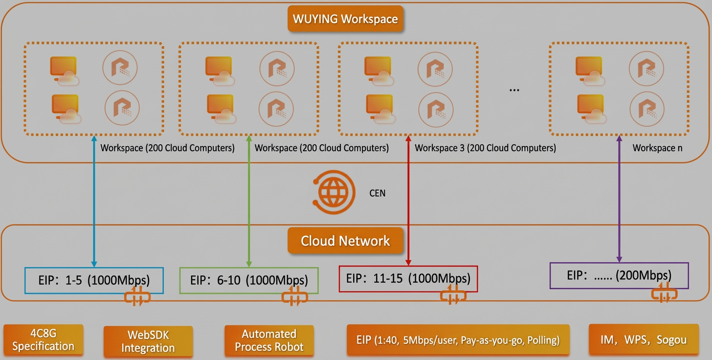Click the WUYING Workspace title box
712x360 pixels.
pos(345,19)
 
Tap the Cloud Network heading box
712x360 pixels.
pos(345,241)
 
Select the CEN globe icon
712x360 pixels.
pos(334,192)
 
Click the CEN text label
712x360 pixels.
pos(378,193)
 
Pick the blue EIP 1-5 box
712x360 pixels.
pos(94,280)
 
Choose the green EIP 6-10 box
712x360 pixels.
pos(249,280)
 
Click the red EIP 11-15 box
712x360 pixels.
pos(408,279)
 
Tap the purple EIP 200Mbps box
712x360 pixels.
pos(619,275)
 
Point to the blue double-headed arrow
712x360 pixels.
pos(94,202)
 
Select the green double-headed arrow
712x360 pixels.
pos(249,202)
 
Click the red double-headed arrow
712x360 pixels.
pos(408,201)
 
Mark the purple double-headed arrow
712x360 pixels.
pos(619,199)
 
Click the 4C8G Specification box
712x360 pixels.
pos(43,339)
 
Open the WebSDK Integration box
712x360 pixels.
pos(148,341)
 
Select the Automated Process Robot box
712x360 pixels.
pos(269,340)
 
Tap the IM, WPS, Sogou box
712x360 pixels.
pos(644,339)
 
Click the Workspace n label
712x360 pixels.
pos(657,148)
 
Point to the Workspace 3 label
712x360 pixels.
pos(486,148)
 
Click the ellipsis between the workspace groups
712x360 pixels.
pos(514,90)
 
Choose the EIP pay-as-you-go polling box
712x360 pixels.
pos(458,340)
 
